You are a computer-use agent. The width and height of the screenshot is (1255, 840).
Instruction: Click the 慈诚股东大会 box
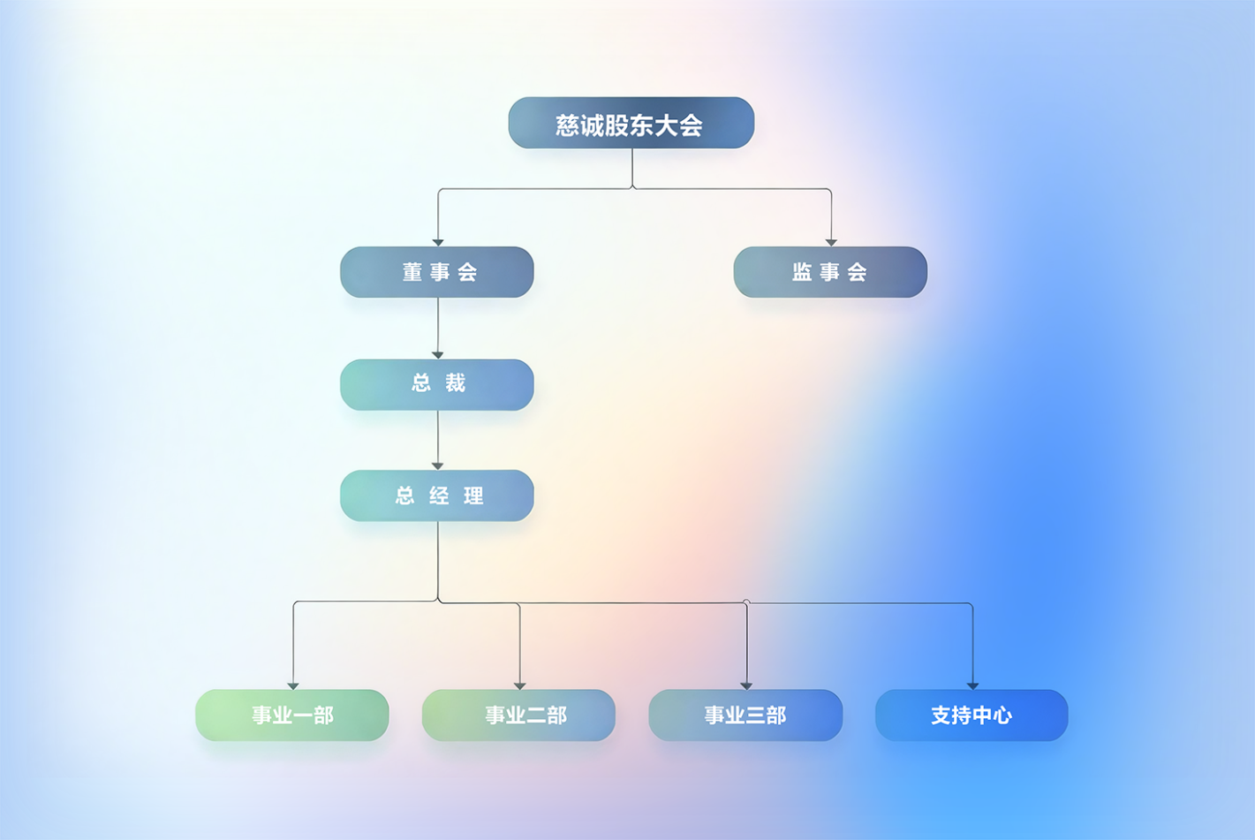point(631,123)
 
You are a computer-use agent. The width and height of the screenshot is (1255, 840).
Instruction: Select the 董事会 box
point(436,272)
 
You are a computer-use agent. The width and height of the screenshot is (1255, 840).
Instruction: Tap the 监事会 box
point(830,272)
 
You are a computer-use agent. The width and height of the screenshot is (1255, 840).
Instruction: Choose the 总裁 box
point(436,384)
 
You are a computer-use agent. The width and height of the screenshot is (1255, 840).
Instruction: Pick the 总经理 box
point(436,496)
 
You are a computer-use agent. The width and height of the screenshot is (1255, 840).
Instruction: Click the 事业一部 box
point(291,715)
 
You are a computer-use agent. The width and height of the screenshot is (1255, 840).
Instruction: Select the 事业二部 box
point(518,715)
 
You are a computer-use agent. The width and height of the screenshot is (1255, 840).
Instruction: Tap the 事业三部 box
point(745,715)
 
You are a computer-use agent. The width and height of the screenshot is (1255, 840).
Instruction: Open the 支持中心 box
point(971,715)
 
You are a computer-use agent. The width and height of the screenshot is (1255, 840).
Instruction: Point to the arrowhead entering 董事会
point(437,242)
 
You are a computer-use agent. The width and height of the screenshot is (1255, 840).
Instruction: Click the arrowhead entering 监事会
point(830,242)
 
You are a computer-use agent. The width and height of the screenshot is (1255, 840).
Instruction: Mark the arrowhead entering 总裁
point(437,355)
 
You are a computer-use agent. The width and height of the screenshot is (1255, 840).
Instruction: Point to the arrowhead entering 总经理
point(437,465)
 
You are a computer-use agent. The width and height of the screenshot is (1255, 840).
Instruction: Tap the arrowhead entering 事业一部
point(292,685)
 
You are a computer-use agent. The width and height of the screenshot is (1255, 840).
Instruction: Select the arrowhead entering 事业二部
point(519,685)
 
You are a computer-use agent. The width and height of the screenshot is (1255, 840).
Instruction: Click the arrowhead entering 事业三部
point(746,685)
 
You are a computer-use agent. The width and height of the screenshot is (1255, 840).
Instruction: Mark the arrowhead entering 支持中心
point(972,685)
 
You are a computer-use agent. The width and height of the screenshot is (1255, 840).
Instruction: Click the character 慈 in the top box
point(567,125)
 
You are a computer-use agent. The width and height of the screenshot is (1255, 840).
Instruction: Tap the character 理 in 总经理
point(474,496)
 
